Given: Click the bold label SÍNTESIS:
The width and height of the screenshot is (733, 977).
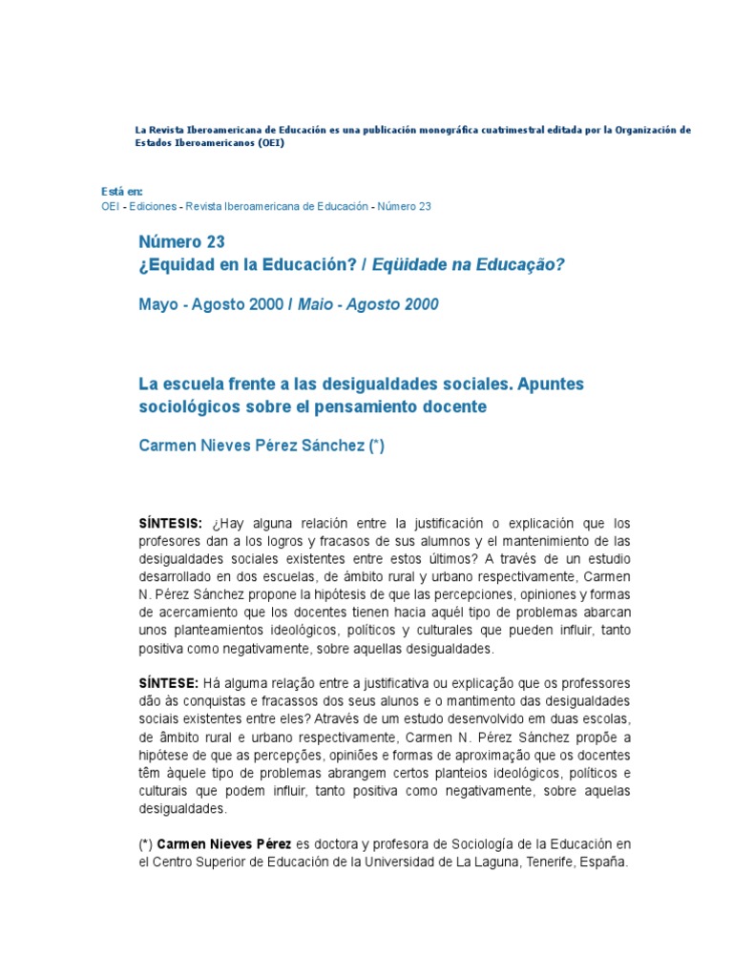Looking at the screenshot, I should click(x=171, y=524).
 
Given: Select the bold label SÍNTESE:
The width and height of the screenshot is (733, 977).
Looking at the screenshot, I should click(x=169, y=683).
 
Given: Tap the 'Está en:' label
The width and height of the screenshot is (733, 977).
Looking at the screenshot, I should click(x=121, y=192).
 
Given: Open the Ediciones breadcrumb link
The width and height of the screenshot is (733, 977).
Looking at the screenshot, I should click(x=157, y=206).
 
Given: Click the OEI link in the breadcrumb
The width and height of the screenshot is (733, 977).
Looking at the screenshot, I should click(x=111, y=206).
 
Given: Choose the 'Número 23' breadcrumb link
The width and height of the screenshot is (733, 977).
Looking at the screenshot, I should click(x=405, y=206).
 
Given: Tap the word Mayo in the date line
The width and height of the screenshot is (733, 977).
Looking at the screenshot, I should click(x=157, y=304).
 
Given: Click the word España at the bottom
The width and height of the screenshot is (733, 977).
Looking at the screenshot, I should click(x=605, y=862).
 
